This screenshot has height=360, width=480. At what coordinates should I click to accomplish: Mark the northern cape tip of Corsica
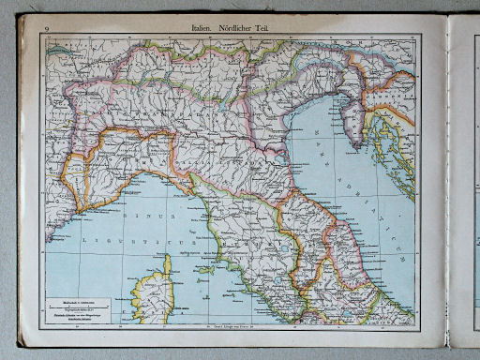[x=166, y=257]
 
